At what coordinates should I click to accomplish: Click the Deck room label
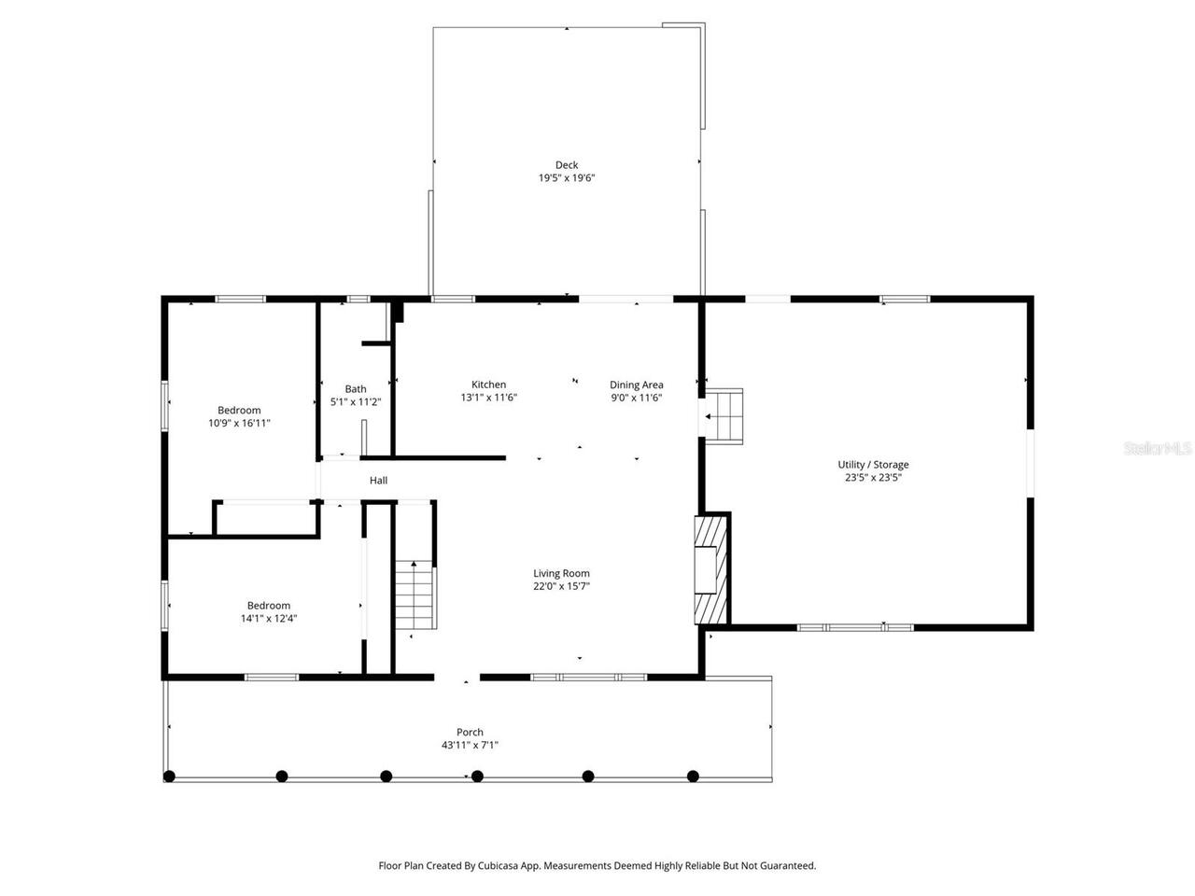pyautogui.click(x=567, y=165)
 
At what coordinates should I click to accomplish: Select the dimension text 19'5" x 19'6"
pyautogui.click(x=567, y=178)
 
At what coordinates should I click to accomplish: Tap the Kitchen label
pyautogui.click(x=488, y=385)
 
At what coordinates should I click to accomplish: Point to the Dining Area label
pyautogui.click(x=637, y=385)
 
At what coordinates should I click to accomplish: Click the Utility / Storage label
pyautogui.click(x=873, y=465)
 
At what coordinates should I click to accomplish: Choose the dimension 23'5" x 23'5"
pyautogui.click(x=873, y=477)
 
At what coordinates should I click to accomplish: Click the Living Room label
pyautogui.click(x=561, y=573)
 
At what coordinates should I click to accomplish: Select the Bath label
pyautogui.click(x=356, y=389)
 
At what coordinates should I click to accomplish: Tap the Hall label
pyautogui.click(x=378, y=481)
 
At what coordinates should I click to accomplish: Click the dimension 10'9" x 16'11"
pyautogui.click(x=239, y=423)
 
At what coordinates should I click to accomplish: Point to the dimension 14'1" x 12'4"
pyautogui.click(x=269, y=618)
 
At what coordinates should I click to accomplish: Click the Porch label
pyautogui.click(x=470, y=732)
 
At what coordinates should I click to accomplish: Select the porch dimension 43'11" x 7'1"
pyautogui.click(x=470, y=745)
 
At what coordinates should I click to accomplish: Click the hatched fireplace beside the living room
pyautogui.click(x=710, y=568)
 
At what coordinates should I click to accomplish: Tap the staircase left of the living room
pyautogui.click(x=415, y=597)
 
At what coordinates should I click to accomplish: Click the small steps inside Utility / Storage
pyautogui.click(x=724, y=415)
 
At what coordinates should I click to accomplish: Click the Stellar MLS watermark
pyautogui.click(x=1158, y=449)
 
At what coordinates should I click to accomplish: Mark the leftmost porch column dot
pyautogui.click(x=169, y=776)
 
